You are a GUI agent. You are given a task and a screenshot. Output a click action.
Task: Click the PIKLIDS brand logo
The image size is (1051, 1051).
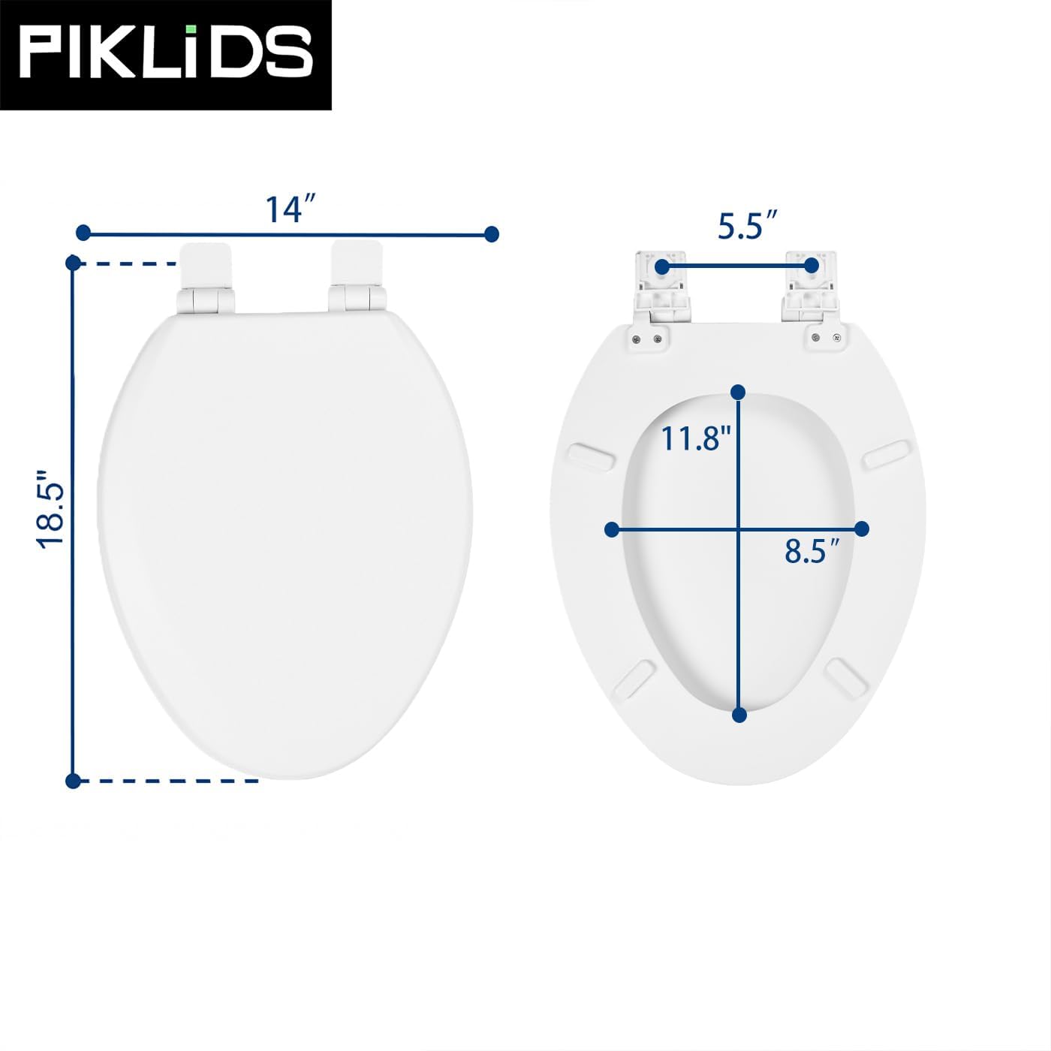coord(165,53)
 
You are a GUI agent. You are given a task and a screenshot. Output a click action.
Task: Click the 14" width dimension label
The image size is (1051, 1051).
coord(290,209)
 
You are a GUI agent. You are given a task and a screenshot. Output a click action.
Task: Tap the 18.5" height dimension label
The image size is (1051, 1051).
coord(53,510)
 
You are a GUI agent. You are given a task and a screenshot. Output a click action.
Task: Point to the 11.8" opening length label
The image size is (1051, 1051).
coord(695,438)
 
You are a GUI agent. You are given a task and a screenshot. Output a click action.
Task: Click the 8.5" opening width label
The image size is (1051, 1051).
coord(812,552)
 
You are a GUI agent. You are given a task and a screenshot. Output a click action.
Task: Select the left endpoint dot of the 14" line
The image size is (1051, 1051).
coord(83,233)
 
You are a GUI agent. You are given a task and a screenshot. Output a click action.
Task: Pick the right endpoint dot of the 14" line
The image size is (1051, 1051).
coord(492,234)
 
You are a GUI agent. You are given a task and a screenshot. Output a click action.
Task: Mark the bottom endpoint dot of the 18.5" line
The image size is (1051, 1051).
coord(73,781)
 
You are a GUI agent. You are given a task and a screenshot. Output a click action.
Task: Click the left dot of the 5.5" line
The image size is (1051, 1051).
coord(661,266)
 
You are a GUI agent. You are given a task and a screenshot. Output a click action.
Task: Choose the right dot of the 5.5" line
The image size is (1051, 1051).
coord(811,266)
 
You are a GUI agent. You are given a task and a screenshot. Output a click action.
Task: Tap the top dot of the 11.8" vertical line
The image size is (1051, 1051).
coord(738,392)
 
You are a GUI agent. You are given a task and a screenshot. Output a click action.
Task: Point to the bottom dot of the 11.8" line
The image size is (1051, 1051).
coord(739,715)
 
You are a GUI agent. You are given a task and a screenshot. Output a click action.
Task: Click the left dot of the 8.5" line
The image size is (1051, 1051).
coord(612,529)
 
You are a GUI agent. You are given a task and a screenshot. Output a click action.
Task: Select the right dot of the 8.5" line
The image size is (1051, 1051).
coord(862,529)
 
